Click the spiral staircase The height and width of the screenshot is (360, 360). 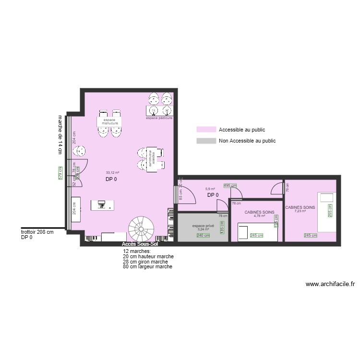click(x=142, y=228)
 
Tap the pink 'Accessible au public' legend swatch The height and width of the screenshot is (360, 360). click(x=205, y=130)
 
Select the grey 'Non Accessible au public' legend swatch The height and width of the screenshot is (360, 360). click(x=205, y=141)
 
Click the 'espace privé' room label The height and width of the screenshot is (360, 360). click(x=203, y=226)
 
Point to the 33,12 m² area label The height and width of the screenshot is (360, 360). click(x=112, y=173)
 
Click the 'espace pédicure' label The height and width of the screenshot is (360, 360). click(x=159, y=118)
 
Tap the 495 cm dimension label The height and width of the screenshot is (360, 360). click(x=230, y=186)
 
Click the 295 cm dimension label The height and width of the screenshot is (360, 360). click(x=330, y=210)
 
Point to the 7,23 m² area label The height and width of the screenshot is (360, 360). click(x=300, y=211)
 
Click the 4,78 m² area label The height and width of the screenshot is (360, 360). click(x=259, y=216)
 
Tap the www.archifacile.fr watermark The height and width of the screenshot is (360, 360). click(x=330, y=284)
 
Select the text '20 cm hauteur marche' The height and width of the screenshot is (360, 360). click(x=148, y=257)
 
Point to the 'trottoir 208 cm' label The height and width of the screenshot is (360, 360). click(x=37, y=232)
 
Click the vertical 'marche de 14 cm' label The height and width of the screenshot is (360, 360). click(x=60, y=134)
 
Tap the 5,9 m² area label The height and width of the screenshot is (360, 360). click(x=210, y=189)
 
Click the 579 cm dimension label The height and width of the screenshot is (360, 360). click(x=60, y=173)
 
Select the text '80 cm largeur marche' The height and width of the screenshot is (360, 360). click(x=147, y=267)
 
